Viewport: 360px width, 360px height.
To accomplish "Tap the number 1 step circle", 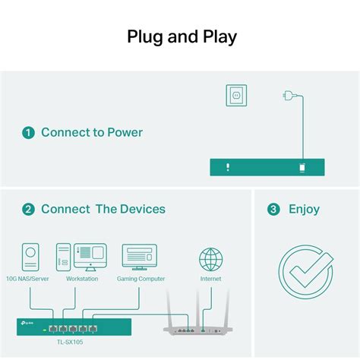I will click(28, 133).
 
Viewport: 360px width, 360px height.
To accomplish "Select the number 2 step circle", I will click(28, 209).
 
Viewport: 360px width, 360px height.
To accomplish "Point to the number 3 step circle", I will click(273, 209).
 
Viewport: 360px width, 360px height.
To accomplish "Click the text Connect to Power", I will click(91, 133).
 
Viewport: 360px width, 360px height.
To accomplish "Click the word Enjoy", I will click(304, 209).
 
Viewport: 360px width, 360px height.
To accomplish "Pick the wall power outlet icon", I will click(237, 96).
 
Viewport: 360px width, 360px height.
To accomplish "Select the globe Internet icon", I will click(211, 259).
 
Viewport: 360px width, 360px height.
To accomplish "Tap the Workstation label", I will click(82, 279).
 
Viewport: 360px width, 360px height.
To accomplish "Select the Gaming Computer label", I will click(140, 279).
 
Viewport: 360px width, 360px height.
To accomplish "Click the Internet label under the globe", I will click(211, 279).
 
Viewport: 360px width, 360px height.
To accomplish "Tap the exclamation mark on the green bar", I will click(227, 167).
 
